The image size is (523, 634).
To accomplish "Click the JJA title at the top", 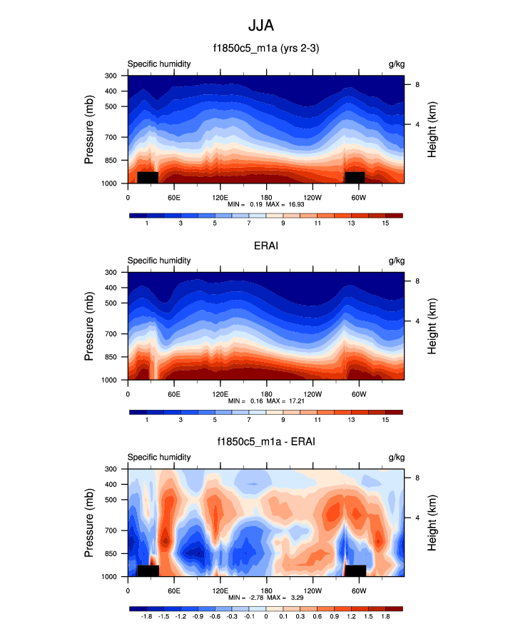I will [x=261, y=26].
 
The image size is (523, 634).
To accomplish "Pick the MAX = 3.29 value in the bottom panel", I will [x=287, y=598].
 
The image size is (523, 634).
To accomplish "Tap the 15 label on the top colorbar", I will [x=385, y=223].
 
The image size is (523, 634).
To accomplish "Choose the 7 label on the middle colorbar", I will [x=249, y=420].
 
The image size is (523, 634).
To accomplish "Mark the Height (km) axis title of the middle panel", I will [x=432, y=326].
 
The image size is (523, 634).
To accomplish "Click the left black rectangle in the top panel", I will [x=148, y=177].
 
